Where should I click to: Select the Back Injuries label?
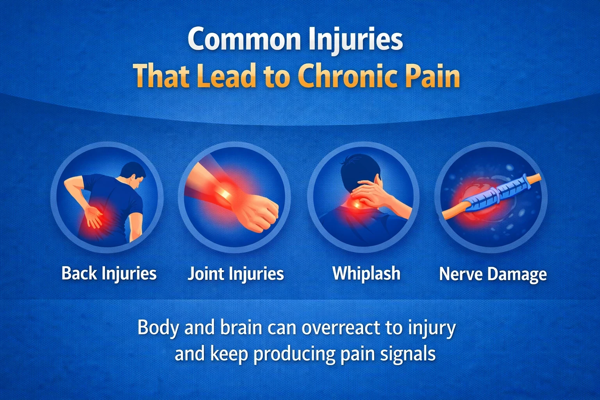[109, 273]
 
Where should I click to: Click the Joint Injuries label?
[236, 273]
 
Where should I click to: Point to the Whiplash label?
[366, 273]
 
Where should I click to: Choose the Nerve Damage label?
[493, 274]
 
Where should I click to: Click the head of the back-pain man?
[133, 174]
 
